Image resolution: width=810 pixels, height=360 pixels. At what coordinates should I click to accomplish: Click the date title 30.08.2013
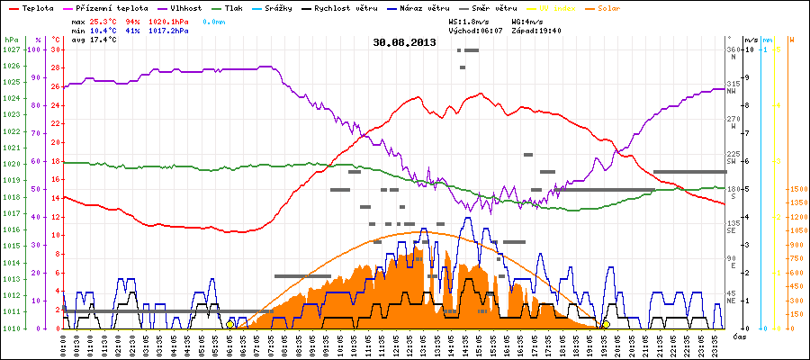(404, 41)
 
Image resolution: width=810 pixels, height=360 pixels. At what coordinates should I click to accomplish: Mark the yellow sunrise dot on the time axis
(230, 324)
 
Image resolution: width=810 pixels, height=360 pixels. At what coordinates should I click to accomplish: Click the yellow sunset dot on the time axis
(606, 324)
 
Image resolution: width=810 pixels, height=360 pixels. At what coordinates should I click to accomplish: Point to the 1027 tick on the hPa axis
(11, 49)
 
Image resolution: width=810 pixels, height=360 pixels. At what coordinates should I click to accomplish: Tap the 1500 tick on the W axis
(796, 189)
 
